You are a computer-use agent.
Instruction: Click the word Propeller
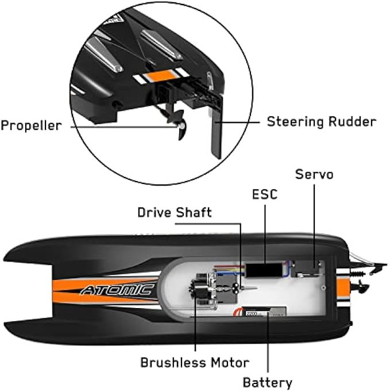[x=30, y=125]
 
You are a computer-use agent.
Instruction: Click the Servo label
[x=314, y=174]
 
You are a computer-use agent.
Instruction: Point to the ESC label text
[x=264, y=194]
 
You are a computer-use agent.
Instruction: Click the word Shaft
[x=194, y=213]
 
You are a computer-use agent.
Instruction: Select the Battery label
[x=267, y=382]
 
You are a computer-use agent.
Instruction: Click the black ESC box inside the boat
[x=264, y=270]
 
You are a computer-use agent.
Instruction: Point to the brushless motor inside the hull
[x=198, y=290]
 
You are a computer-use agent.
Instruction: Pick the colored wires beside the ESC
[x=232, y=268]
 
